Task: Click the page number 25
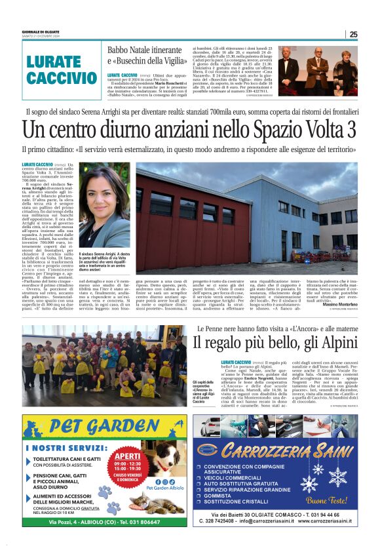click(352, 34)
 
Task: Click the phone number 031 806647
click(140, 522)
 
